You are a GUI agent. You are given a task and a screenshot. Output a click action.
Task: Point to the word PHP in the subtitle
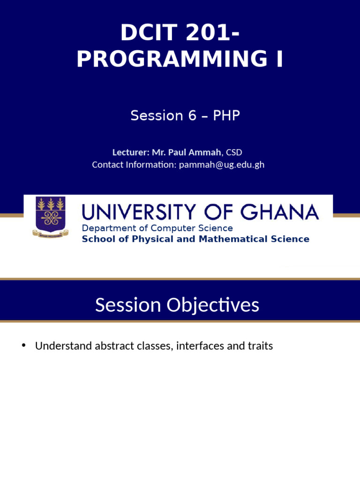(x=226, y=115)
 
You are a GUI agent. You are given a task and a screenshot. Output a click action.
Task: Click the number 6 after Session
(x=192, y=115)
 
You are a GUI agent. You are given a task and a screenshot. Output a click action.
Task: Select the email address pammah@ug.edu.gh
(x=222, y=165)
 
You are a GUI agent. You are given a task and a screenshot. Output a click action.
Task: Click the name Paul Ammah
(x=195, y=152)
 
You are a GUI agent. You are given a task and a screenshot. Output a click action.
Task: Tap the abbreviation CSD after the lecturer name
(x=234, y=152)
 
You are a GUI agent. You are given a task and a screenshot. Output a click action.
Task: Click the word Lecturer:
(x=131, y=152)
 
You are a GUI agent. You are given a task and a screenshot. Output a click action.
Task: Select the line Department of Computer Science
(x=157, y=228)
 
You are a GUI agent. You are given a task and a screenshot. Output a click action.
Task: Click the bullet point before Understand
(x=23, y=346)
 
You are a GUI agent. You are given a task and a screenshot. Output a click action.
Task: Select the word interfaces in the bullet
(x=198, y=346)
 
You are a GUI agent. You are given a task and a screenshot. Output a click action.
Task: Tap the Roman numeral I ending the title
(x=279, y=60)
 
